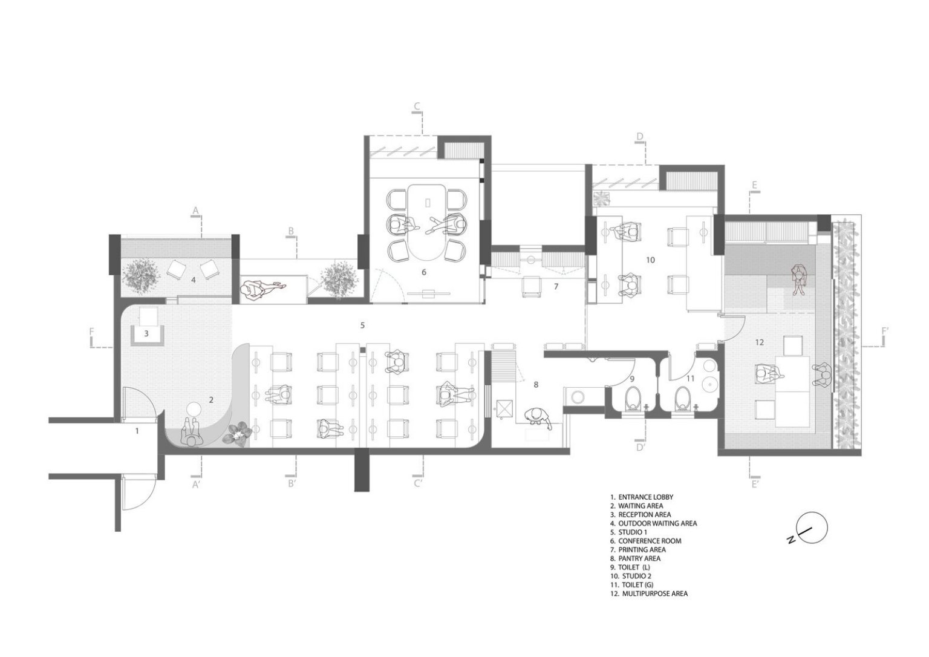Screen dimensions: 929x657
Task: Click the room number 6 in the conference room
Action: tap(423, 272)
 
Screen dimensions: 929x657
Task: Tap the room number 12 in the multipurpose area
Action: tap(760, 342)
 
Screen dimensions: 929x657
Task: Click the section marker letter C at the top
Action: tap(417, 106)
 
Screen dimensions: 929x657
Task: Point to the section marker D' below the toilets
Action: tap(641, 447)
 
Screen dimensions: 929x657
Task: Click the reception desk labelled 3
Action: tap(147, 335)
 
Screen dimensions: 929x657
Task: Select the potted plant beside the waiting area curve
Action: tap(238, 434)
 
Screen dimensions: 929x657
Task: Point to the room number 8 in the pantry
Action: tap(536, 385)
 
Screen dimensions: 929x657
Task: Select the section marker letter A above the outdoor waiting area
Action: tap(195, 211)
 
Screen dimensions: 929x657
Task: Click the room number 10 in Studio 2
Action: tap(650, 260)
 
